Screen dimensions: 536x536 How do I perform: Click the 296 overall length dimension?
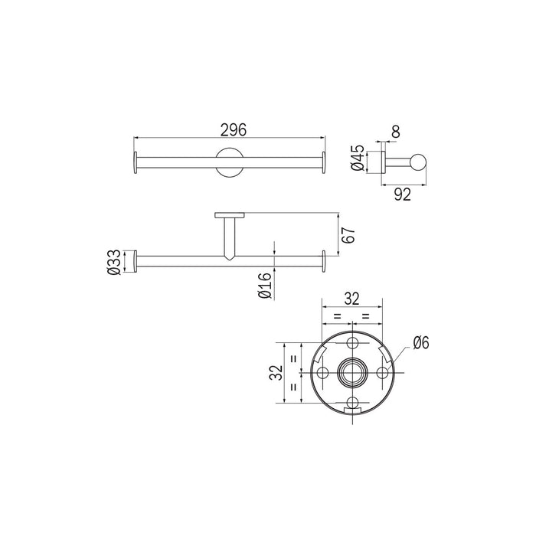[234, 130]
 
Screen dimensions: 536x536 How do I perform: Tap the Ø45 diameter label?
[358, 158]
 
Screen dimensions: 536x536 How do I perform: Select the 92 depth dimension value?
[402, 194]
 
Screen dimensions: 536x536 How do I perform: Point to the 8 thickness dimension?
[396, 132]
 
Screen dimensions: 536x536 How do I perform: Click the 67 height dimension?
[348, 235]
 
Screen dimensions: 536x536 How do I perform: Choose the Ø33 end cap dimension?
[114, 263]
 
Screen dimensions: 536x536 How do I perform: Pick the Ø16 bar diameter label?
[265, 286]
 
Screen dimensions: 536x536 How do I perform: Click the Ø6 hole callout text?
[420, 343]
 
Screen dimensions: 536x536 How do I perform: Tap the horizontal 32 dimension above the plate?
[351, 299]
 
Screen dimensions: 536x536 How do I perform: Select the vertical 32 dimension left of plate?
[276, 373]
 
